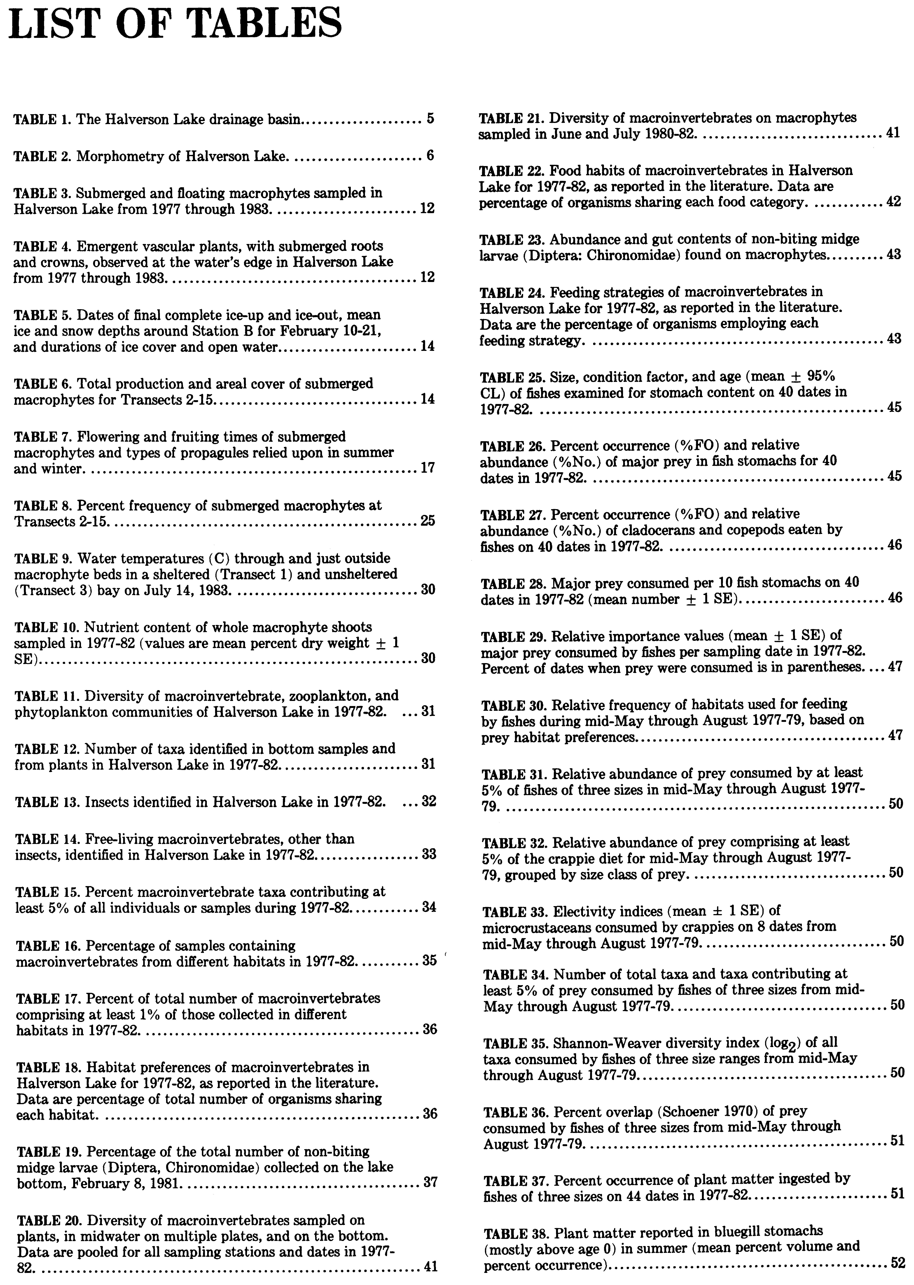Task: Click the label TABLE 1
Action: point(42,119)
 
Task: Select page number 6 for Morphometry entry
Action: point(430,156)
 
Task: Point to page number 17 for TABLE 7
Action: point(428,468)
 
